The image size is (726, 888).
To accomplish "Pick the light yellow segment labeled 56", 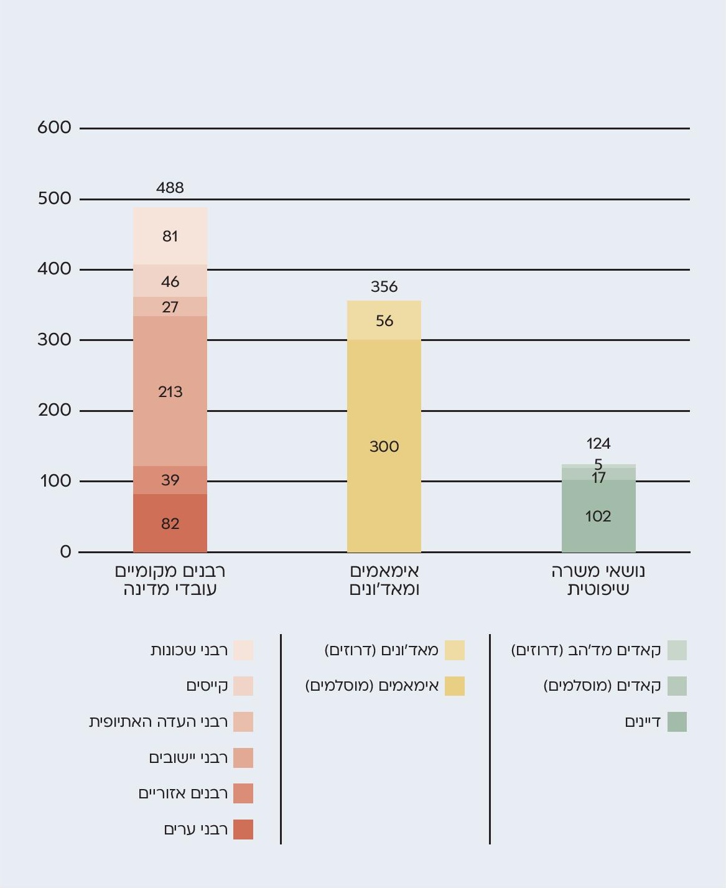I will point(384,320).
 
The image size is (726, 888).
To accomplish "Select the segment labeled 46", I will point(170,281).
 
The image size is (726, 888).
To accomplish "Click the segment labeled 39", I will point(170,480).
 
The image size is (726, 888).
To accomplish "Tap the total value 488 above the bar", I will point(170,187).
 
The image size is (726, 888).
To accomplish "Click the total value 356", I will point(384,286).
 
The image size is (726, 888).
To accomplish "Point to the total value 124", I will point(598,443).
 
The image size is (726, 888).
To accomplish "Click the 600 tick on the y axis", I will point(54,128).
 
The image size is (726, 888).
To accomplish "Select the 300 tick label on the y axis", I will point(54,339).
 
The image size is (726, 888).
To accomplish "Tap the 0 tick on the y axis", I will point(65,551).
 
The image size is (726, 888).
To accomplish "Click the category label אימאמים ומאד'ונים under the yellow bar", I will point(384,580).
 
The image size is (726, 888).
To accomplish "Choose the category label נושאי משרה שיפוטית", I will point(598,580).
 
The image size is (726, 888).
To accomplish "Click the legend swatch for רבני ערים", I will point(243,830).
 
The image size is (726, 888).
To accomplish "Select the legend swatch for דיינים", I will point(677,722).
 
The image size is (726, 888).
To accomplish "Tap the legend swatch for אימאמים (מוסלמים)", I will point(455,686).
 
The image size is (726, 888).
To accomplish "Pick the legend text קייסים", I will point(207,686).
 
